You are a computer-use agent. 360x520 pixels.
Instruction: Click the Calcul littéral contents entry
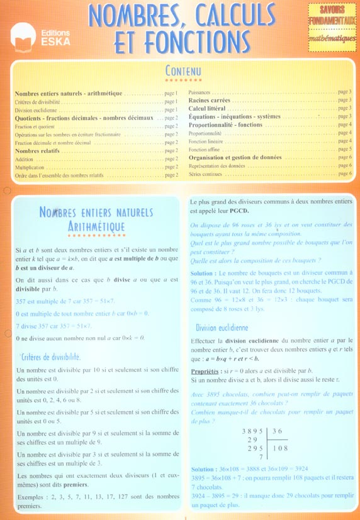pos(207,109)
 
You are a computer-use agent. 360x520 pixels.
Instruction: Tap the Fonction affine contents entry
pos(205,150)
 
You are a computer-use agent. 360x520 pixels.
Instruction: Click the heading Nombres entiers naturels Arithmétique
pos(82,219)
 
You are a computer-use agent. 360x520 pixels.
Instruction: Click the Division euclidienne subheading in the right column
pos(222,328)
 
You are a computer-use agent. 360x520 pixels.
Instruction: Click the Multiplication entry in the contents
pos(30,168)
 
